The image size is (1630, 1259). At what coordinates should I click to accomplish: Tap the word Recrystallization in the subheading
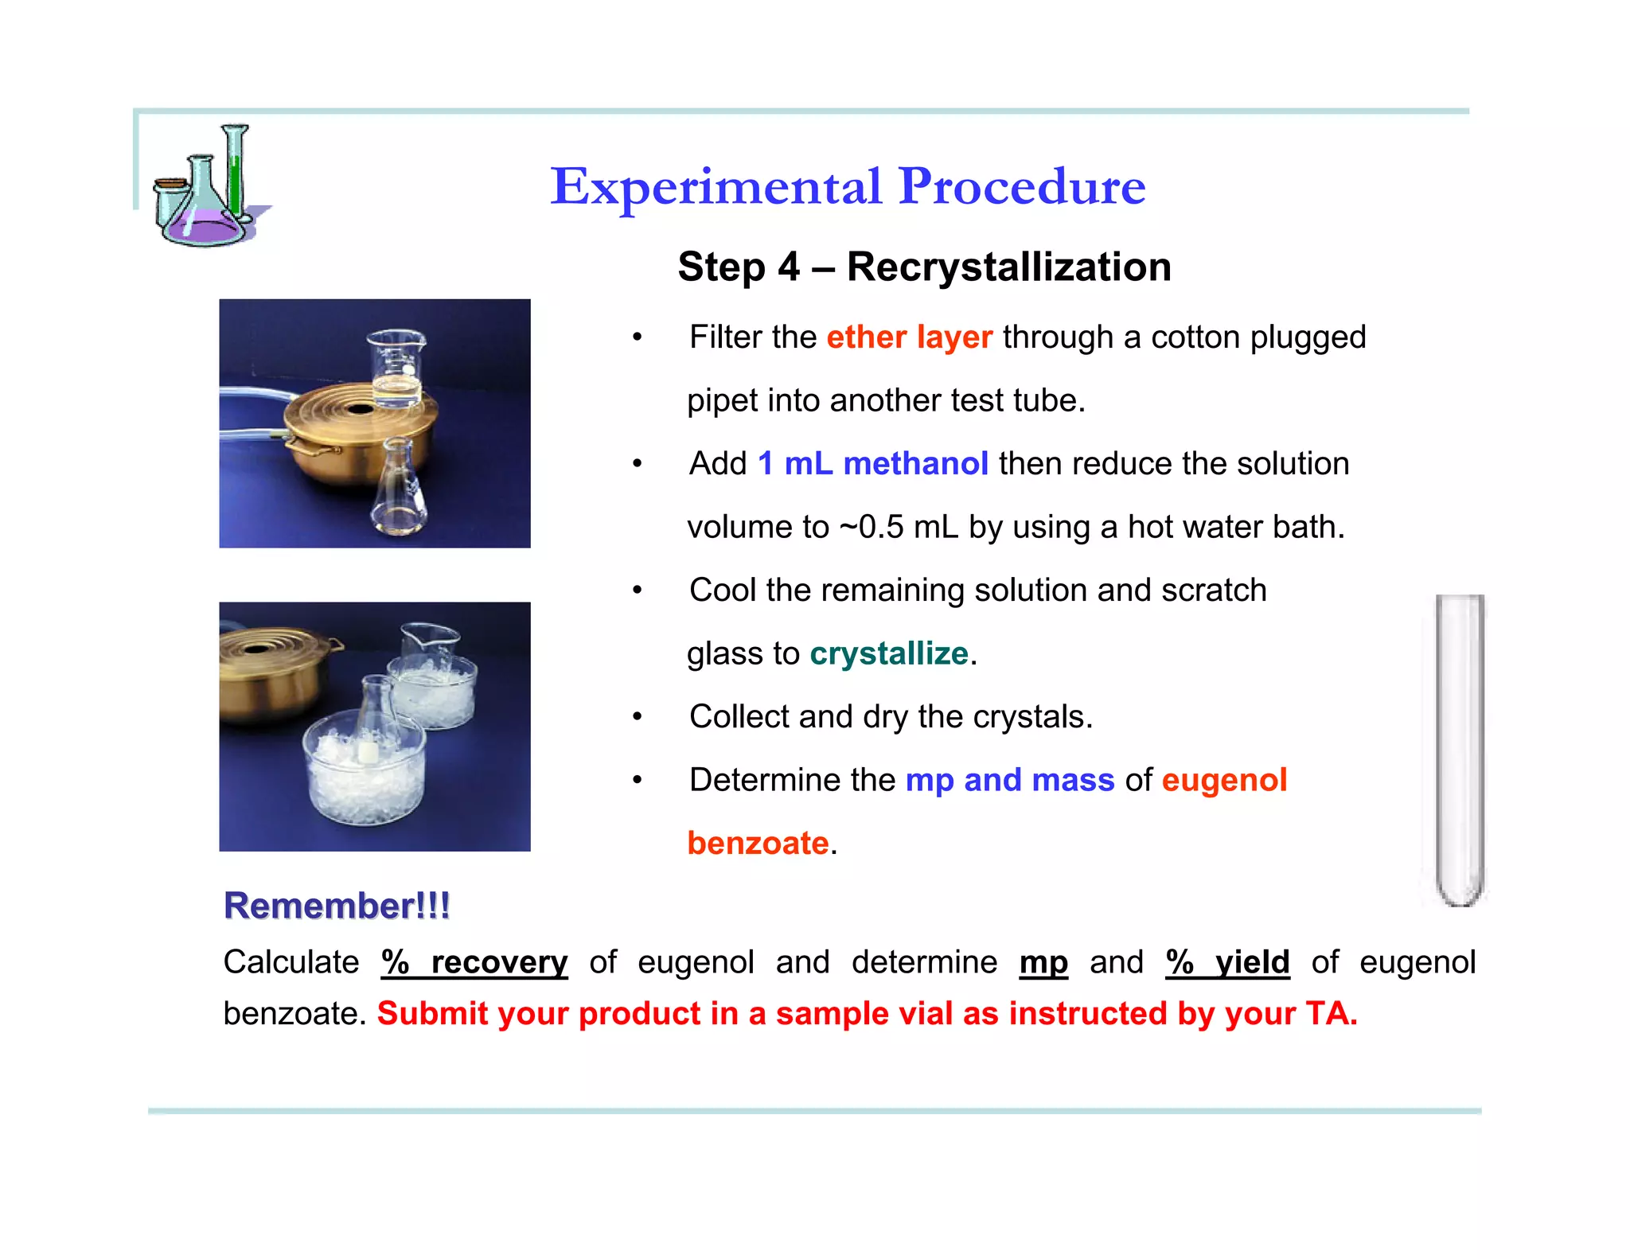pyautogui.click(x=1008, y=267)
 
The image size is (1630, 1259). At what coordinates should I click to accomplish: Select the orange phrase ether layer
pyautogui.click(x=909, y=337)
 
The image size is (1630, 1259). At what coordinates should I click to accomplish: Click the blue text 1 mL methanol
pyautogui.click(x=872, y=464)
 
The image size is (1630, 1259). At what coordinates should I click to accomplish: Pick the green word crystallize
pyautogui.click(x=888, y=654)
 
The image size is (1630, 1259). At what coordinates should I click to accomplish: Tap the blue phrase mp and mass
pyautogui.click(x=1009, y=781)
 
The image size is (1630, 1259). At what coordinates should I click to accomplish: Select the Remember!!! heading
pyautogui.click(x=337, y=906)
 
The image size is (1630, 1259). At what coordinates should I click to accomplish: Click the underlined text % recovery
pyautogui.click(x=474, y=963)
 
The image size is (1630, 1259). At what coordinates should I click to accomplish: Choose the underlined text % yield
pyautogui.click(x=1226, y=963)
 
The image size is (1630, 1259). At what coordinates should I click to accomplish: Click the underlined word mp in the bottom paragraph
pyautogui.click(x=1043, y=963)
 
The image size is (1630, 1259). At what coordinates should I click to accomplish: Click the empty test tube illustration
pyautogui.click(x=1459, y=748)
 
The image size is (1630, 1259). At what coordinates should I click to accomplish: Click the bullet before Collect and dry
pyautogui.click(x=637, y=717)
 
